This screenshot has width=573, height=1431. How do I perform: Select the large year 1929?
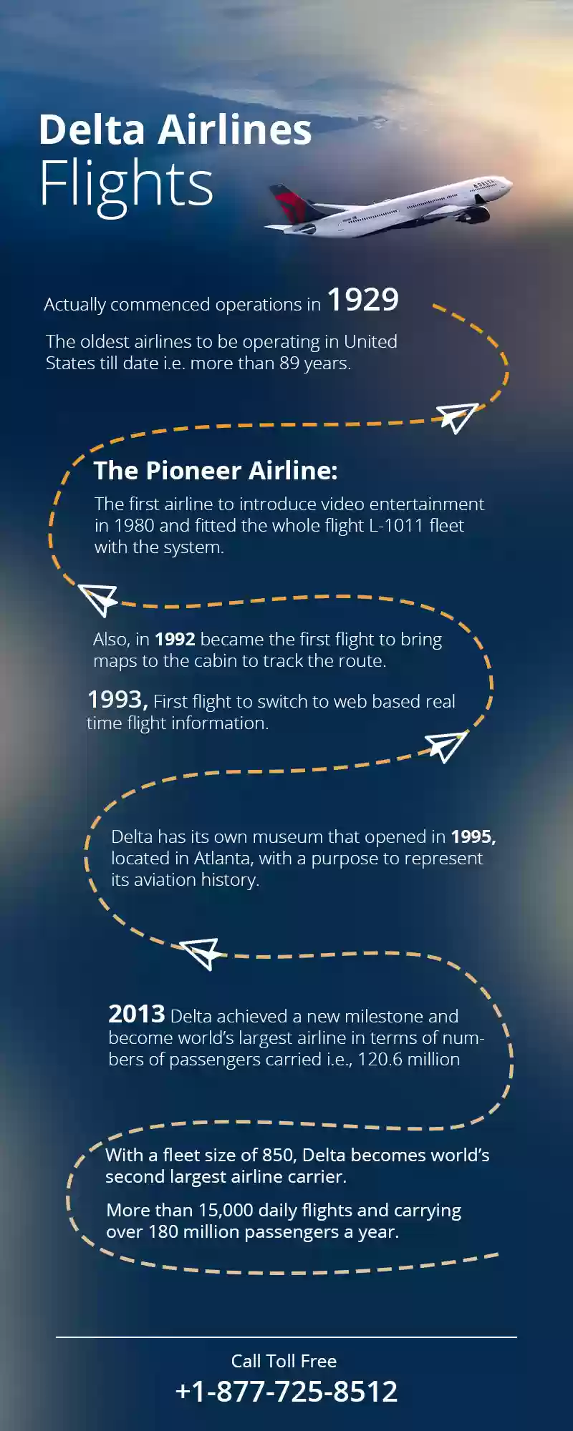tap(362, 299)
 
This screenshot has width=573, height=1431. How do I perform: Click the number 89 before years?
tap(289, 363)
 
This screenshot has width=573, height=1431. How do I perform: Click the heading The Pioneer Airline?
tap(215, 470)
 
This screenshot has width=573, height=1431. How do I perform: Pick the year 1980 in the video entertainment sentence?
tap(134, 525)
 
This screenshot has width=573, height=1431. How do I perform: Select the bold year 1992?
tap(175, 639)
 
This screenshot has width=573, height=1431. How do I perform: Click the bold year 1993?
tap(117, 699)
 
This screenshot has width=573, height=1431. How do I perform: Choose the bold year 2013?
tap(137, 1014)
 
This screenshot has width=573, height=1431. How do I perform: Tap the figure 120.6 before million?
tap(380, 1059)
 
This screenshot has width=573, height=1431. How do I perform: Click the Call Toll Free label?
tap(284, 1361)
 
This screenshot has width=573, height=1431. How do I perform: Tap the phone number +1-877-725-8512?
tap(286, 1392)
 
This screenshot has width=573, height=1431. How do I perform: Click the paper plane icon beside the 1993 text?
tap(446, 746)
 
